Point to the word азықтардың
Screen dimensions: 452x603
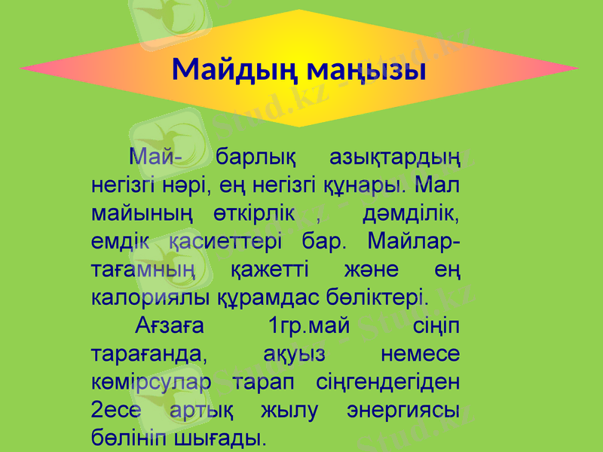396,159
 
